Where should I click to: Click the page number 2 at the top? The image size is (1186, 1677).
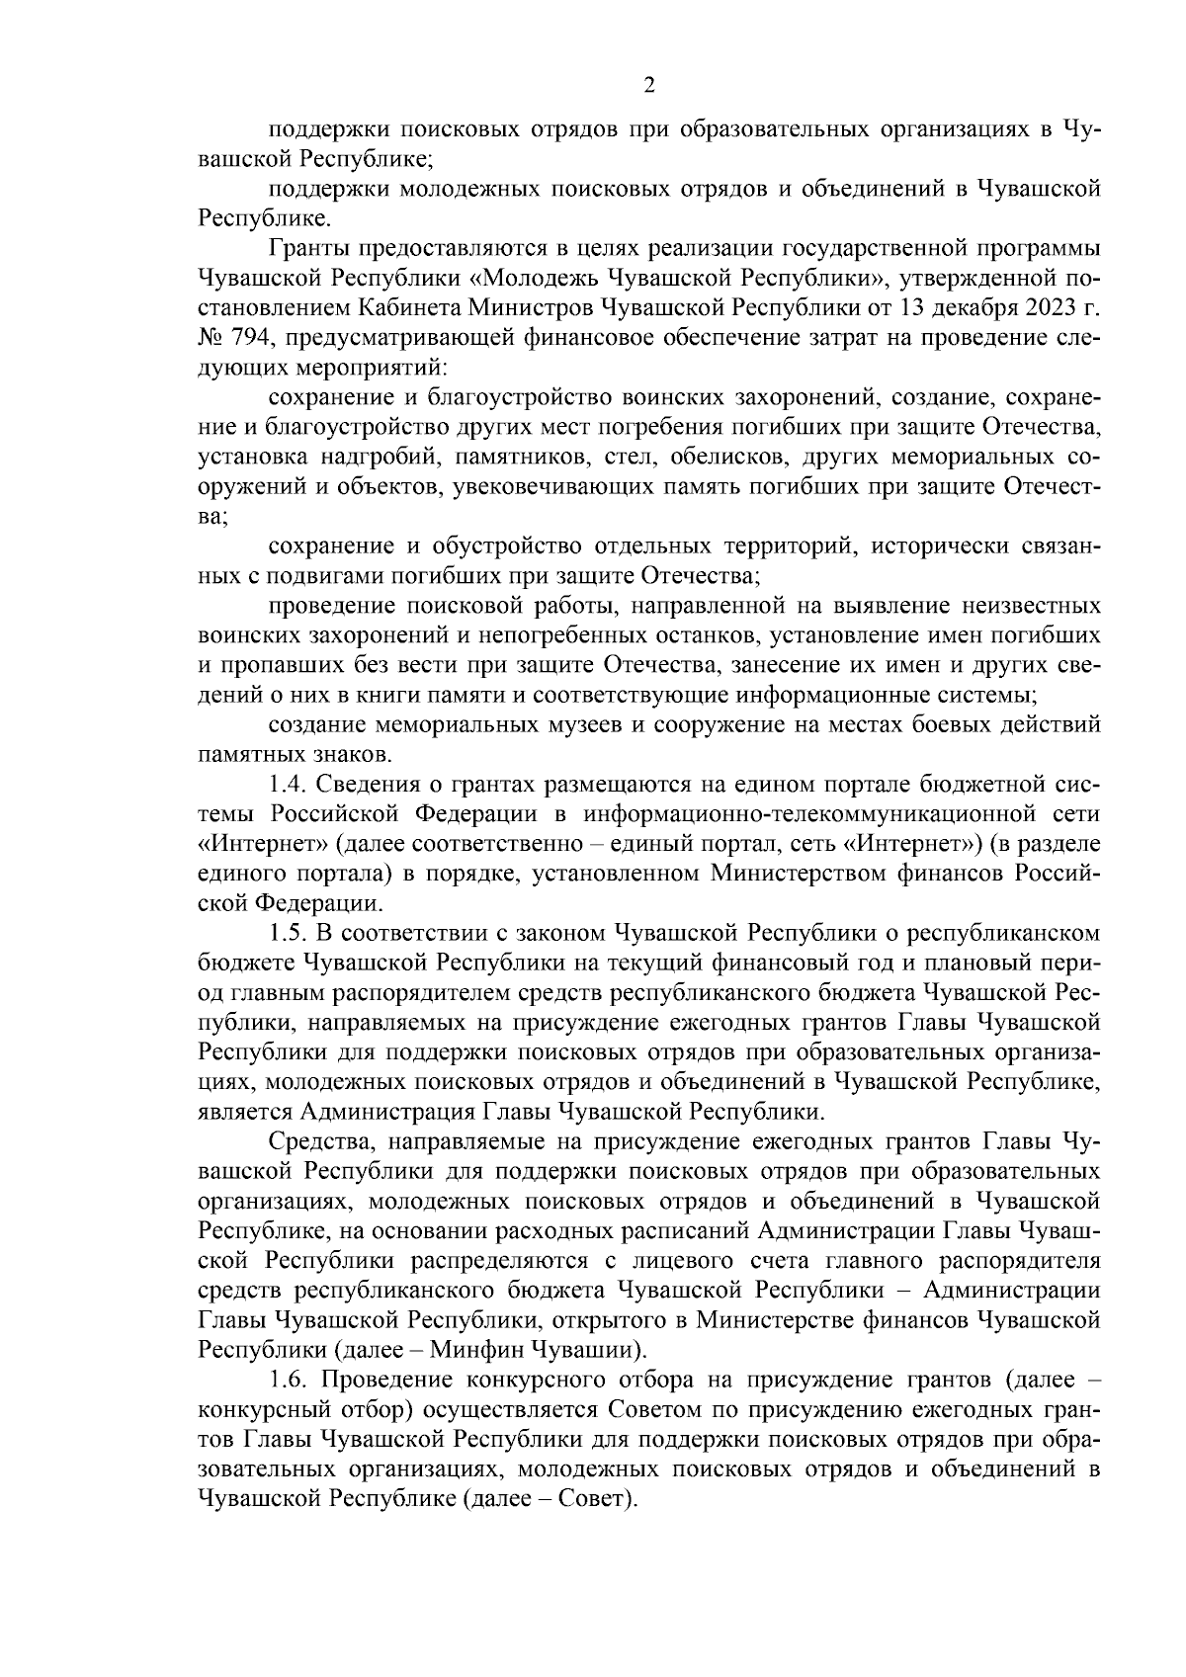[648, 86]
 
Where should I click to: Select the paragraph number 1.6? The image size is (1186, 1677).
[287, 1379]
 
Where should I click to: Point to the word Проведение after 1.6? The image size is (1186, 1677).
[381, 1379]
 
